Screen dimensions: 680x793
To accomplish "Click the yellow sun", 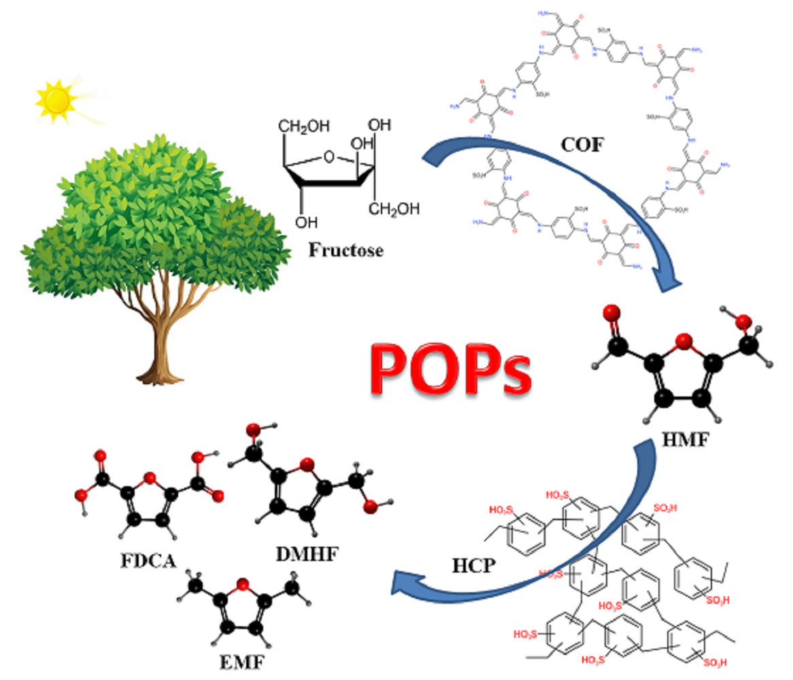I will click(x=58, y=99).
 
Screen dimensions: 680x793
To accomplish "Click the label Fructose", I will click(x=345, y=250).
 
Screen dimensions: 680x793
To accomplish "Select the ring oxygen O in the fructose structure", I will click(x=329, y=158).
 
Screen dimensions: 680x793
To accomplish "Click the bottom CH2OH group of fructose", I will click(x=394, y=209).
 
